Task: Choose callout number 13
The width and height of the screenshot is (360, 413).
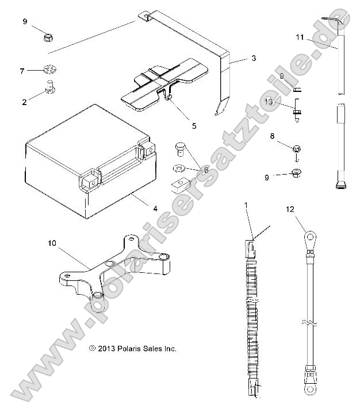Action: click(269, 101)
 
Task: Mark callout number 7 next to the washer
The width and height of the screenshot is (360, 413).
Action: click(22, 71)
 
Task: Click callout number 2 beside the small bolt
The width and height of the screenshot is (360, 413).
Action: click(24, 102)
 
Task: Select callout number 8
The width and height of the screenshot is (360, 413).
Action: click(272, 137)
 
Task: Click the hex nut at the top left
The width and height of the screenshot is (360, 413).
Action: click(49, 38)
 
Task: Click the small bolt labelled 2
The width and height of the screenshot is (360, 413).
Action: click(49, 89)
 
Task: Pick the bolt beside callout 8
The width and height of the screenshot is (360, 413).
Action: click(297, 151)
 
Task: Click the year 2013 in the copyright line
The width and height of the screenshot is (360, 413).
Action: click(107, 349)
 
